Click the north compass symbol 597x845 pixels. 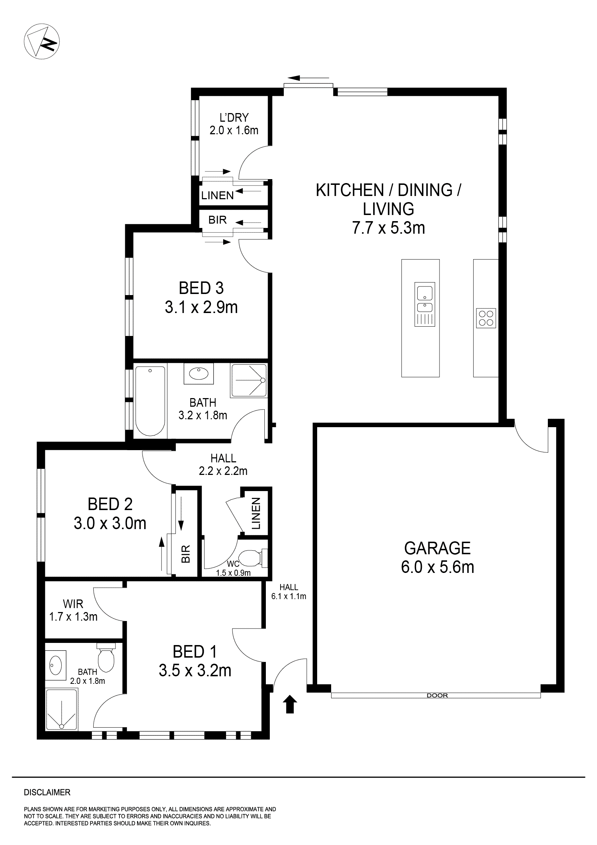[42, 42]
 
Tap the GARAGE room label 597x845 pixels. [437, 548]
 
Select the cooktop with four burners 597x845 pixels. [486, 318]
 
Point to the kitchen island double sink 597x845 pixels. [424, 304]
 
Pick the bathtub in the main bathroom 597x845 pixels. [150, 401]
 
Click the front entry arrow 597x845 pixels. [290, 704]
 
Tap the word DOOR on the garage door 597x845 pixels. [437, 696]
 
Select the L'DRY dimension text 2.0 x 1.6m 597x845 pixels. [234, 131]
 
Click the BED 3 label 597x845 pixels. [201, 288]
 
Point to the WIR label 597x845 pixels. [73, 604]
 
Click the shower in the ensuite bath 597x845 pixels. [61, 710]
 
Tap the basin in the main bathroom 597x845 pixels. [199, 374]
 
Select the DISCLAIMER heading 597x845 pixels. [47, 792]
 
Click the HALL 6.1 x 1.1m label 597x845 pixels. [289, 592]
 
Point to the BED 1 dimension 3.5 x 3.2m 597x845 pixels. [195, 671]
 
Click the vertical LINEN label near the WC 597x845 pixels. [256, 513]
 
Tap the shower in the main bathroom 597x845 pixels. [249, 381]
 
